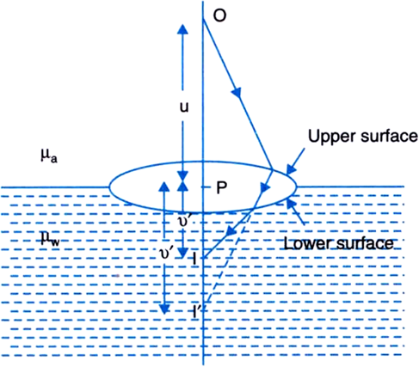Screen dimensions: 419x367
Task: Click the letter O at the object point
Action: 219,15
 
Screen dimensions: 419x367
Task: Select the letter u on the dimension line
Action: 184,107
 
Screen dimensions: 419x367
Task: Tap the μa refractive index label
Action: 49,156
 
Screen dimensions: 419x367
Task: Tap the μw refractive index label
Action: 50,239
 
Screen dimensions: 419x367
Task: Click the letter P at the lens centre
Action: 221,188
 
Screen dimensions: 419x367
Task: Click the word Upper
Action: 332,137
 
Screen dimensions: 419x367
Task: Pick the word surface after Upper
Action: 389,136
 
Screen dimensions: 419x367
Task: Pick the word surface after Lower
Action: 365,243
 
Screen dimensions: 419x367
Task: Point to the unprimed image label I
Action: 194,260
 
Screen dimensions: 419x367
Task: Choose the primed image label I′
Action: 196,312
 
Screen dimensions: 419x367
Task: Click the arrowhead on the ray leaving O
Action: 237,92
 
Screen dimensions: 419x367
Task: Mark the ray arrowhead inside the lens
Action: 265,187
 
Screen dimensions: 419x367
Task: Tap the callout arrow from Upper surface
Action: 295,162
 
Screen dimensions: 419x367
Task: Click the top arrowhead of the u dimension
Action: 182,29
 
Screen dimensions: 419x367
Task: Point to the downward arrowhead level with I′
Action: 164,309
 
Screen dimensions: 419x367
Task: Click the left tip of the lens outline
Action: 109,187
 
